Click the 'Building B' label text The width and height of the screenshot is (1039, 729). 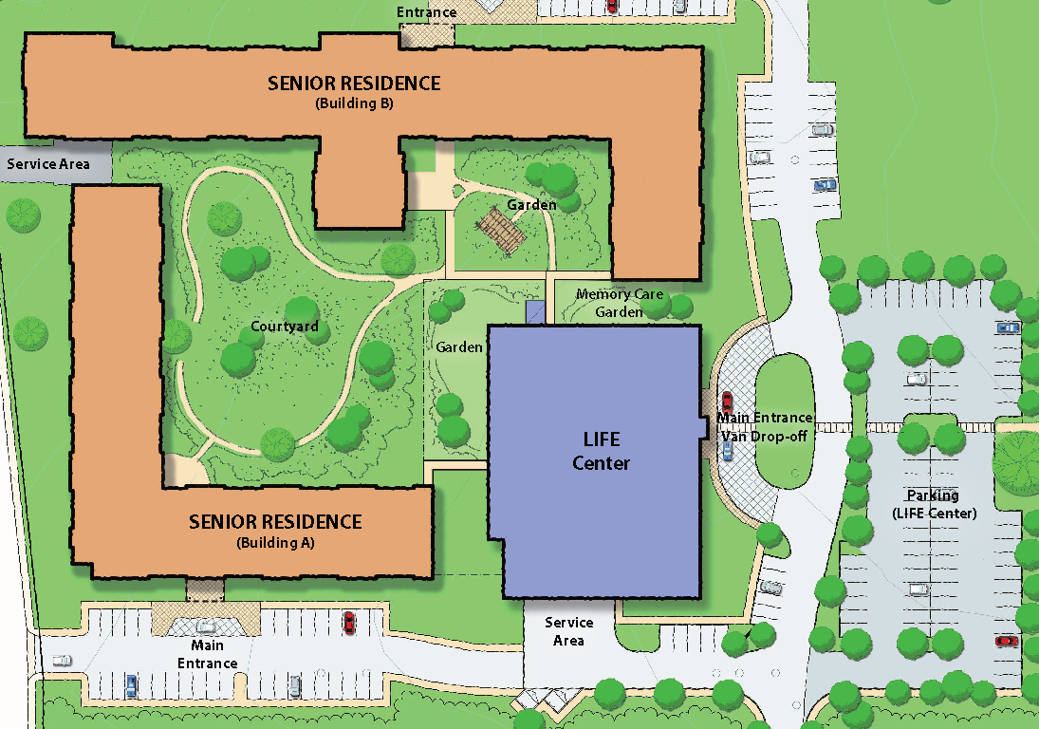[x=354, y=104]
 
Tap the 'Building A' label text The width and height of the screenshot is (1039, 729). [x=275, y=544]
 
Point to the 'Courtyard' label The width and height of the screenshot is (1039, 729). [x=284, y=327]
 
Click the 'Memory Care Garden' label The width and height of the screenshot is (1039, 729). [x=620, y=303]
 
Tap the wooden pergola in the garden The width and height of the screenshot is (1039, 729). [x=500, y=228]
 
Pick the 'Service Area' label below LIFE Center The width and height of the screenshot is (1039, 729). [x=569, y=631]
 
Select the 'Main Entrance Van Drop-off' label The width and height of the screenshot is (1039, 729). [x=764, y=425]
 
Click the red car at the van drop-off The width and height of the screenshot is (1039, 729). [x=728, y=402]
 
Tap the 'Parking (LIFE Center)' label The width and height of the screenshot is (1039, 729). [x=933, y=504]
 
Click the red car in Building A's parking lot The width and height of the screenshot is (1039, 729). [x=349, y=623]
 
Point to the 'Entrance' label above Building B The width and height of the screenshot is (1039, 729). [x=426, y=12]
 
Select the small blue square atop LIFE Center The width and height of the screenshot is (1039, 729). [x=536, y=313]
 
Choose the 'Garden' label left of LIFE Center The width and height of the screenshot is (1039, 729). [x=459, y=347]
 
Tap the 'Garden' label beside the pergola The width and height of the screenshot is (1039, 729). [x=531, y=205]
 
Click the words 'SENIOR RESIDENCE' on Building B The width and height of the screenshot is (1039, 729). [x=354, y=84]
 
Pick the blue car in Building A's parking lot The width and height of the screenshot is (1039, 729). [x=131, y=684]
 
